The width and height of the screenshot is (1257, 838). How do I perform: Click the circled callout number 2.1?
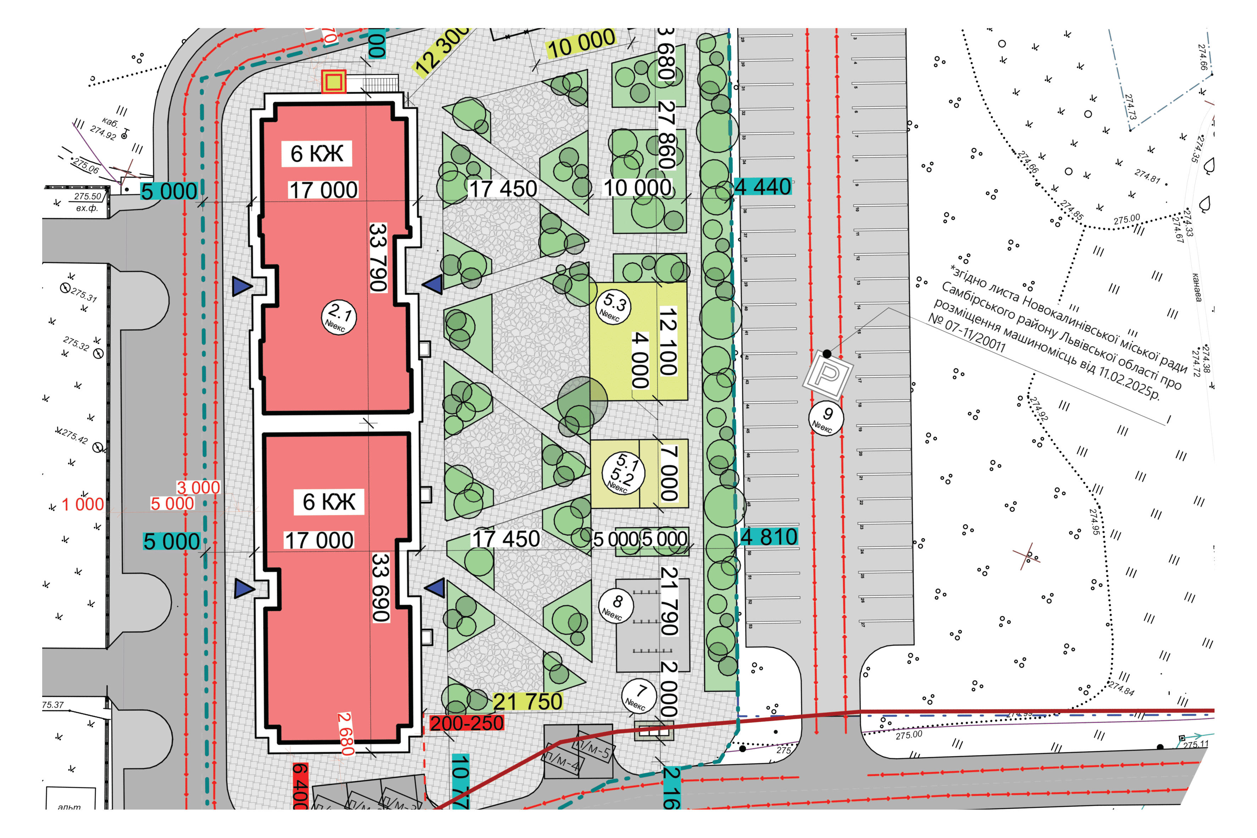pos(339,317)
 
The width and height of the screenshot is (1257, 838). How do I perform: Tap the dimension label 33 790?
pos(378,257)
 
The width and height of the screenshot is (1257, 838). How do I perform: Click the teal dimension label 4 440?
pos(763,187)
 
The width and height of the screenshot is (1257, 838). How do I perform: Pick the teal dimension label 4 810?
pos(769,537)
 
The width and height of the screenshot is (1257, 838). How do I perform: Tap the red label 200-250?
pos(466,723)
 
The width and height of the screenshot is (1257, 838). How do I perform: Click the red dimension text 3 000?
pos(198,487)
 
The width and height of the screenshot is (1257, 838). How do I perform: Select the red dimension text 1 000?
pos(83,504)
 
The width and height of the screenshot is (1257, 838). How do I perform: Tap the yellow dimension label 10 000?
pos(581,43)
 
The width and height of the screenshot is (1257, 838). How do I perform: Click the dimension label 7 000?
pos(669,473)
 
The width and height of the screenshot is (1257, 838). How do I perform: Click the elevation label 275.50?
pos(88,196)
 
